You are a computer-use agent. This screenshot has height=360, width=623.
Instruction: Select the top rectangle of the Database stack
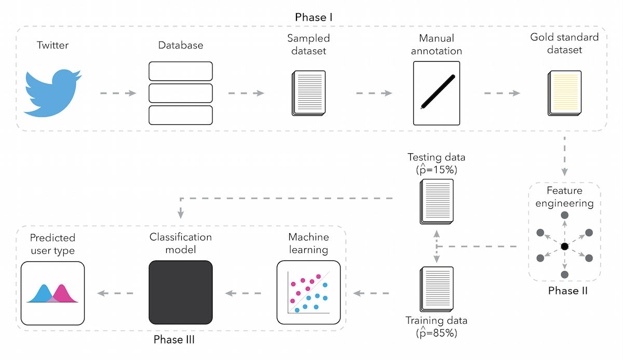(x=181, y=71)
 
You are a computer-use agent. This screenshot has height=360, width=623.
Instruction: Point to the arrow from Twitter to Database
(x=118, y=94)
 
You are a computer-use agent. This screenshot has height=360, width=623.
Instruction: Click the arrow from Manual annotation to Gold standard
(x=502, y=94)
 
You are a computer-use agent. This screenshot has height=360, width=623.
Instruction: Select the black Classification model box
(x=181, y=293)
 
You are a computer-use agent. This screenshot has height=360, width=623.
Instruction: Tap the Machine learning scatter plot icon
(x=308, y=293)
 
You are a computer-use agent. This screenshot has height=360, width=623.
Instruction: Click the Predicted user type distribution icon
(x=52, y=293)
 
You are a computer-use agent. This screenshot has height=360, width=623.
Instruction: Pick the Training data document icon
(x=437, y=289)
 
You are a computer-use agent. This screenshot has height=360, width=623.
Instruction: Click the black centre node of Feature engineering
(x=564, y=245)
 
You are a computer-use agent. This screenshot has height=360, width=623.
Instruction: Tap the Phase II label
(x=568, y=290)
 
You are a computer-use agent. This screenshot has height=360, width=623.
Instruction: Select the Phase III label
(x=174, y=340)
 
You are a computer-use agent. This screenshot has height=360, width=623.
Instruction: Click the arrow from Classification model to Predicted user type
(x=115, y=294)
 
